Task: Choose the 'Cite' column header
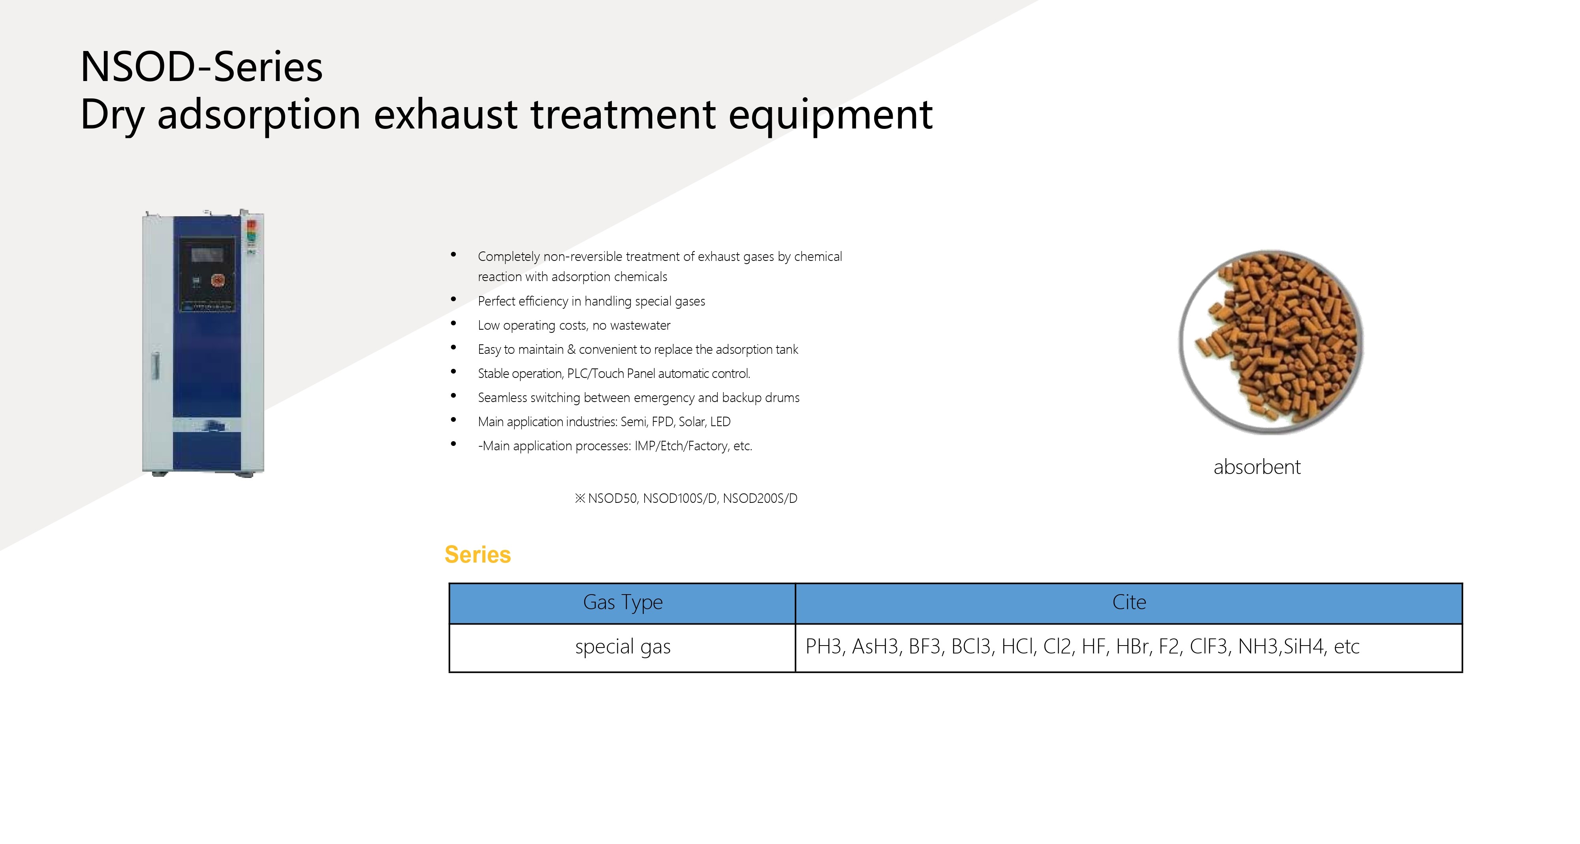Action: coord(1129,602)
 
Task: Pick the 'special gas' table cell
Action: coord(623,647)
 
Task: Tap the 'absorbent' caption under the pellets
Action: coord(1257,467)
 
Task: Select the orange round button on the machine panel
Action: coord(218,281)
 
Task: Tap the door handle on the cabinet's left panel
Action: coord(156,366)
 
